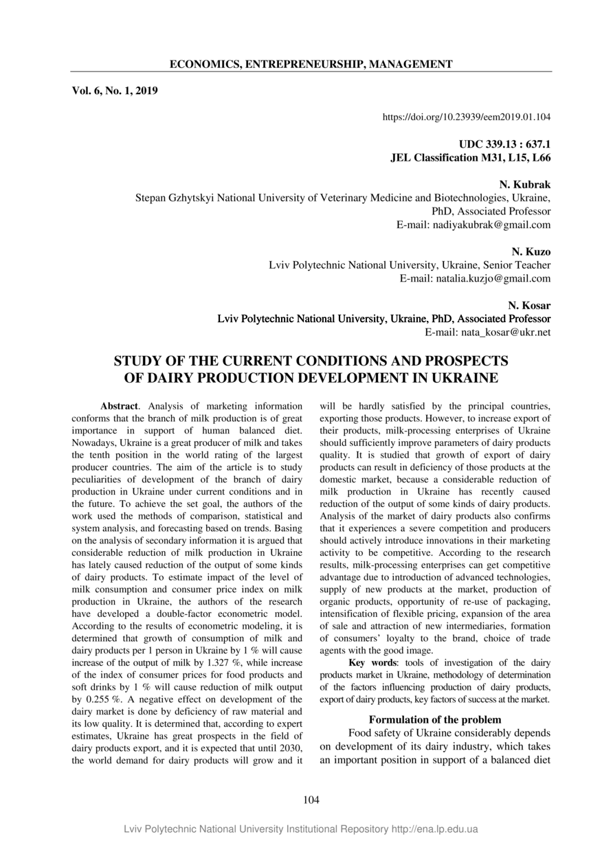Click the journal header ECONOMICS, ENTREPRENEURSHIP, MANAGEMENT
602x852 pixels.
click(x=311, y=65)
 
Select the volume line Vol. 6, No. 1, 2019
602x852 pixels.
click(x=115, y=90)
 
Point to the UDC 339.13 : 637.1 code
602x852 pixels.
click(x=504, y=145)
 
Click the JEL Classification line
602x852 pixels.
click(x=470, y=157)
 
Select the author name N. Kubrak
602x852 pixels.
click(x=524, y=185)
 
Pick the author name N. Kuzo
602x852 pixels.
click(x=531, y=252)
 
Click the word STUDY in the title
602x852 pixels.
click(x=140, y=361)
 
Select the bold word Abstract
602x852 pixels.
click(x=120, y=407)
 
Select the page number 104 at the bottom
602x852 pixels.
click(x=311, y=799)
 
